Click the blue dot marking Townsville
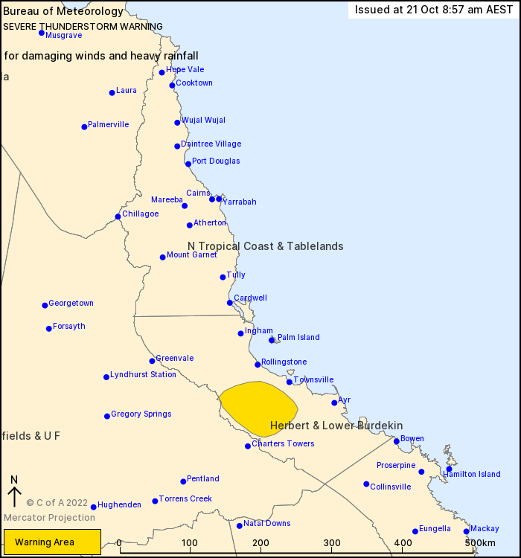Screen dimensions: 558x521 click(x=290, y=382)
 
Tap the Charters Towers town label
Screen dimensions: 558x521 click(x=283, y=444)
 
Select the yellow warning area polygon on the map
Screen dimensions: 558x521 click(x=258, y=408)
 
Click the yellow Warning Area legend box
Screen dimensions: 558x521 click(x=52, y=542)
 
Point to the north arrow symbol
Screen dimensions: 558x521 click(x=13, y=492)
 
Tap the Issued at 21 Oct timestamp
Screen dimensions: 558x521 click(x=433, y=10)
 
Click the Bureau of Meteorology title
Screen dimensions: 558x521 click(x=63, y=11)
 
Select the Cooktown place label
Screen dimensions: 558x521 click(x=194, y=83)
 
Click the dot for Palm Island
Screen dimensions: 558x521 click(x=272, y=340)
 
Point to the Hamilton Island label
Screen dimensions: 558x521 click(x=472, y=475)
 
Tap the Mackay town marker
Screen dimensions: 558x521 click(x=467, y=531)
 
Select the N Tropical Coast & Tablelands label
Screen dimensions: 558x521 click(x=266, y=246)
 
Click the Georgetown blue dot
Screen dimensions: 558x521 click(x=45, y=305)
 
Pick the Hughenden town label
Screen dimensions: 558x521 click(x=119, y=505)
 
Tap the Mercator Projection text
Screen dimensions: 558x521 click(x=49, y=518)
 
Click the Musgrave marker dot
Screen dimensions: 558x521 click(x=42, y=33)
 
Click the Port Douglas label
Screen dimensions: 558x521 click(x=216, y=161)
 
